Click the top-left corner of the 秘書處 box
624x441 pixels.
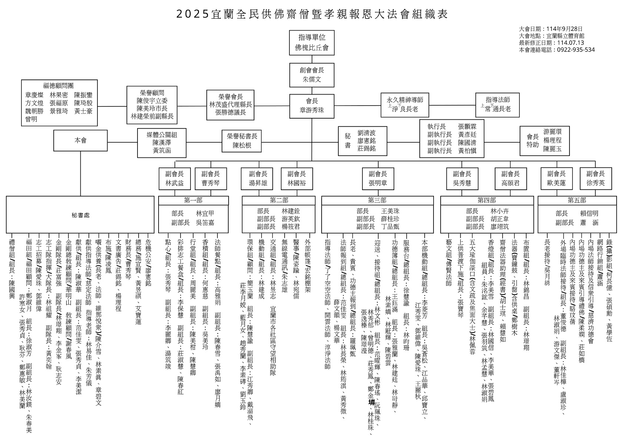pos(6,196)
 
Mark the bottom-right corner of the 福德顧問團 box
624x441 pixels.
pos(97,126)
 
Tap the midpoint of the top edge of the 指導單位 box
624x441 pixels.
pos(312,30)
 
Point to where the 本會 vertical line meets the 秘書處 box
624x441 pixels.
pos(80,196)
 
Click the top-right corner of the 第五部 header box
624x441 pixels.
pos(617,196)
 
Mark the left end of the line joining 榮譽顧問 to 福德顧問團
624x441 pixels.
pos(97,106)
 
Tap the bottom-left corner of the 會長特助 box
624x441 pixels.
pos(520,155)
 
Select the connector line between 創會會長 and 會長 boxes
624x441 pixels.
pos(312,91)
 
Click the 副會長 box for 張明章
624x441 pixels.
pos(378,179)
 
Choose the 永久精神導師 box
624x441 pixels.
pos(405,105)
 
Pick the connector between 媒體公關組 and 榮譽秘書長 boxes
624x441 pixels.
pos(204,142)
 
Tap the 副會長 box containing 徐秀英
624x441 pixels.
pos(595,179)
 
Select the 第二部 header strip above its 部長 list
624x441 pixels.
pos(279,200)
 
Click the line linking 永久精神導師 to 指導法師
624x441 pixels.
pos(452,105)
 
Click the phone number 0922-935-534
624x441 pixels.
pos(576,50)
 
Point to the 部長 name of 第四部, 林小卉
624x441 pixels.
pos(500,211)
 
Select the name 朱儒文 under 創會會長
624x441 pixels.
pos(312,79)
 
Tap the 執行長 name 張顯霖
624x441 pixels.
pos(467,126)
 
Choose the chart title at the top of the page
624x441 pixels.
pos(312,14)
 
